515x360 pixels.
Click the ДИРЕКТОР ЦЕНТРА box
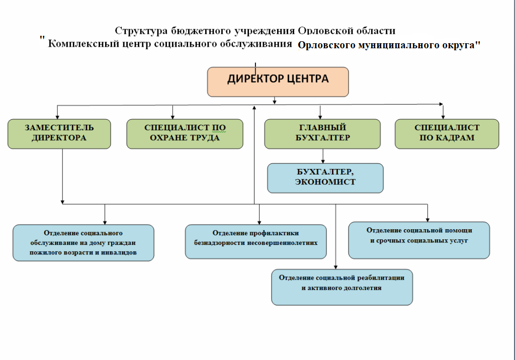278,82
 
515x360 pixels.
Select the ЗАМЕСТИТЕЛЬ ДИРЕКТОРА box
59,134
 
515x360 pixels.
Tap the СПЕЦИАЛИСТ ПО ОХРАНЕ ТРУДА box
185,134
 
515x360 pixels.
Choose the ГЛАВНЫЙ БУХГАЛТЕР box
322,134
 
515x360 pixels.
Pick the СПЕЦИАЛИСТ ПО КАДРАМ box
447,134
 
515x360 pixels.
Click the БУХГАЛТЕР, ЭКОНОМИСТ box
325,178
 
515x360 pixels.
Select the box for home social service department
83,243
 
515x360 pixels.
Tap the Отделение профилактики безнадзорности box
256,241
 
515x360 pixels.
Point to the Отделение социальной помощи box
419,240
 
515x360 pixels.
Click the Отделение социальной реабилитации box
342,288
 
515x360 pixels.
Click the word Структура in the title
141,31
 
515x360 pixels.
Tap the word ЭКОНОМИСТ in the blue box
325,182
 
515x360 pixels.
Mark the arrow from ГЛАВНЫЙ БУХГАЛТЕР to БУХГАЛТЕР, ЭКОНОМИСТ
323,156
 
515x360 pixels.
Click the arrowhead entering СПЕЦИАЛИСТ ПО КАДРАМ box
443,117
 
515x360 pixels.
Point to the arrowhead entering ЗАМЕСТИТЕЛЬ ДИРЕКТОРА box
57,117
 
